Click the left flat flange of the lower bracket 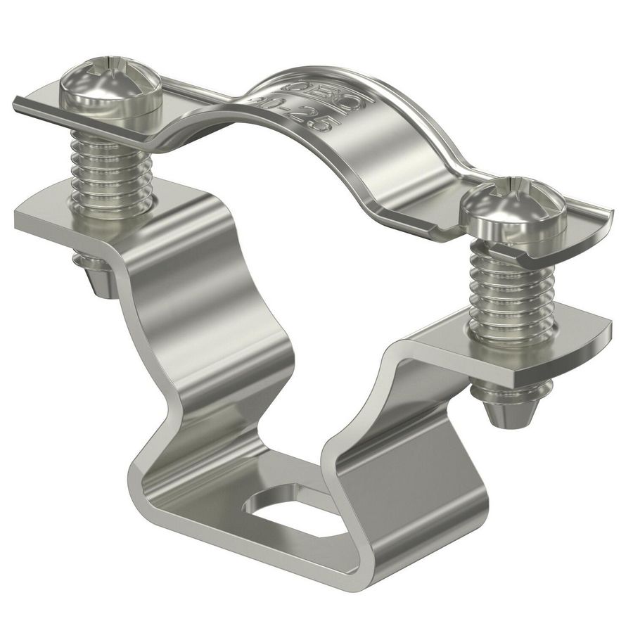click(63, 211)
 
